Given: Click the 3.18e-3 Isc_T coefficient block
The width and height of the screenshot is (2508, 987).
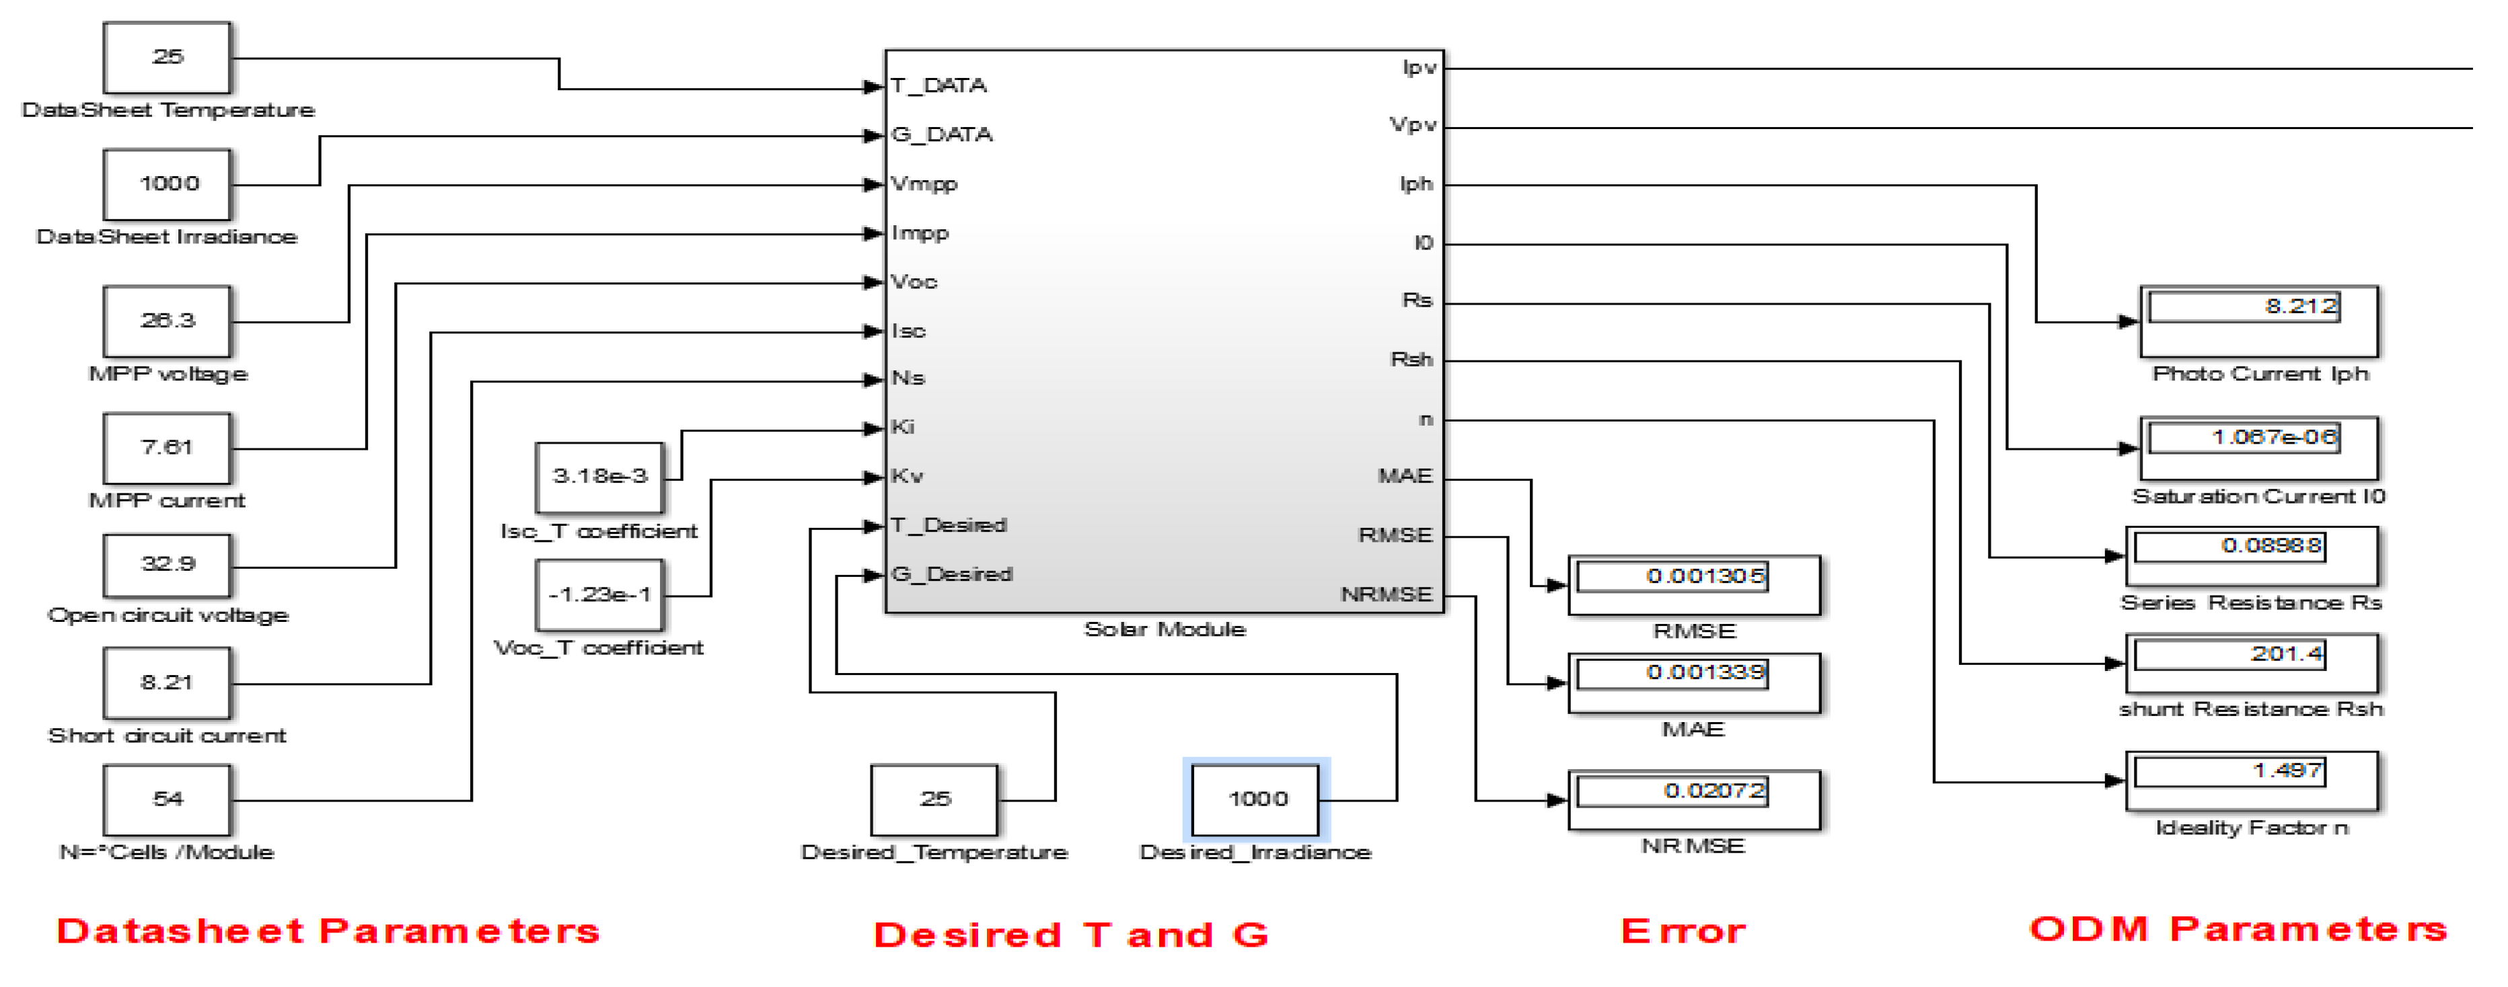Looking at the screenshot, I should click(x=599, y=477).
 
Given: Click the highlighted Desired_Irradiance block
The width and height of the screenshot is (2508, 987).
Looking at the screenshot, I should click(x=1256, y=799).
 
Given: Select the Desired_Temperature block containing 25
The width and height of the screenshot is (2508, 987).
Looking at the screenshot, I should click(x=934, y=799).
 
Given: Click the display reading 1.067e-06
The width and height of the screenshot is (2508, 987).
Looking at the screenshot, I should click(x=2258, y=448).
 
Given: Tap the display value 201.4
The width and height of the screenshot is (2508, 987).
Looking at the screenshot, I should click(x=2251, y=664).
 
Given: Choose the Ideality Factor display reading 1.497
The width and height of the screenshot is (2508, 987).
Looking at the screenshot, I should click(x=2251, y=781).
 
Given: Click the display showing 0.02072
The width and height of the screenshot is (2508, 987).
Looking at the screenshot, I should click(x=1693, y=800).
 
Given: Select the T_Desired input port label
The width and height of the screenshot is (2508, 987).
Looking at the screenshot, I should click(x=949, y=526).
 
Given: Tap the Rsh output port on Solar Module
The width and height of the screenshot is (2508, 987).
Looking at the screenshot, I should click(x=1411, y=360).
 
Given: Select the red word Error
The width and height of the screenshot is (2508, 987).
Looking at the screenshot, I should click(x=1683, y=931).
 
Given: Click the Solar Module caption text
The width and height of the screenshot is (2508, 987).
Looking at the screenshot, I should click(x=1165, y=630).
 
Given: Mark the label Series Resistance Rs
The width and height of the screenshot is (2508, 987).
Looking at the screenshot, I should click(x=2250, y=604).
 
